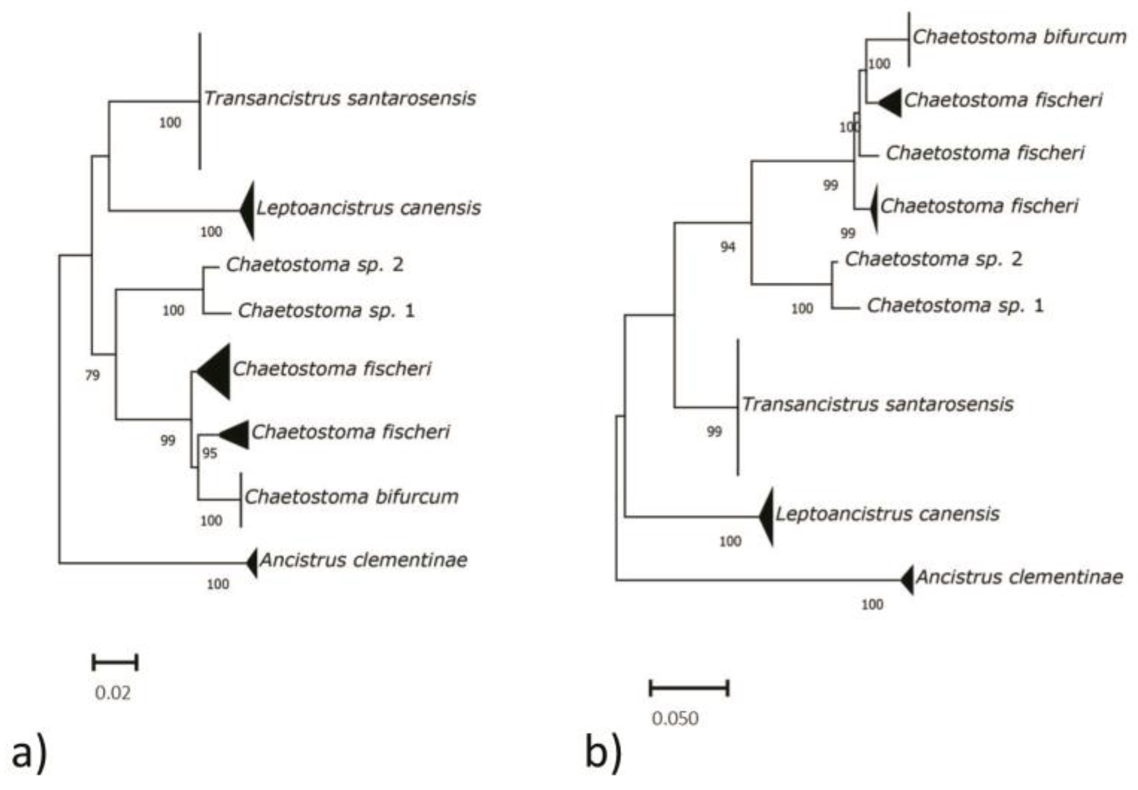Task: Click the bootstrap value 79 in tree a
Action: (x=92, y=375)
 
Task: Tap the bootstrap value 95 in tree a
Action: (x=210, y=453)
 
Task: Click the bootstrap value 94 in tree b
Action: (x=728, y=247)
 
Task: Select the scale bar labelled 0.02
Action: (x=115, y=662)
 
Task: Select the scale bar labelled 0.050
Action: (x=689, y=688)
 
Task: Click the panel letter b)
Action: (x=603, y=753)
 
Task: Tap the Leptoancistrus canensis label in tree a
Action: (x=368, y=208)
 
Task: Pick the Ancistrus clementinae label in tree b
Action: (x=1019, y=577)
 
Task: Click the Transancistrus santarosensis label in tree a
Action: (x=340, y=98)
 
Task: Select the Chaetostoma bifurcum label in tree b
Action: (x=1019, y=37)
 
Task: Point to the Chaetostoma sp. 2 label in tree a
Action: (x=314, y=264)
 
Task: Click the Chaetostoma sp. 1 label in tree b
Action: (x=955, y=305)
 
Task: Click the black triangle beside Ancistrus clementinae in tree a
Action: (x=252, y=563)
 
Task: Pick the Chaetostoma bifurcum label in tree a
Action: (x=351, y=497)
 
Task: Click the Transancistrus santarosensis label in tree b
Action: (x=877, y=404)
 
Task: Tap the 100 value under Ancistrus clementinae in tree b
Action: (x=872, y=604)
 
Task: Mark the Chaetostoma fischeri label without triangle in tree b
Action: (x=985, y=153)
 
